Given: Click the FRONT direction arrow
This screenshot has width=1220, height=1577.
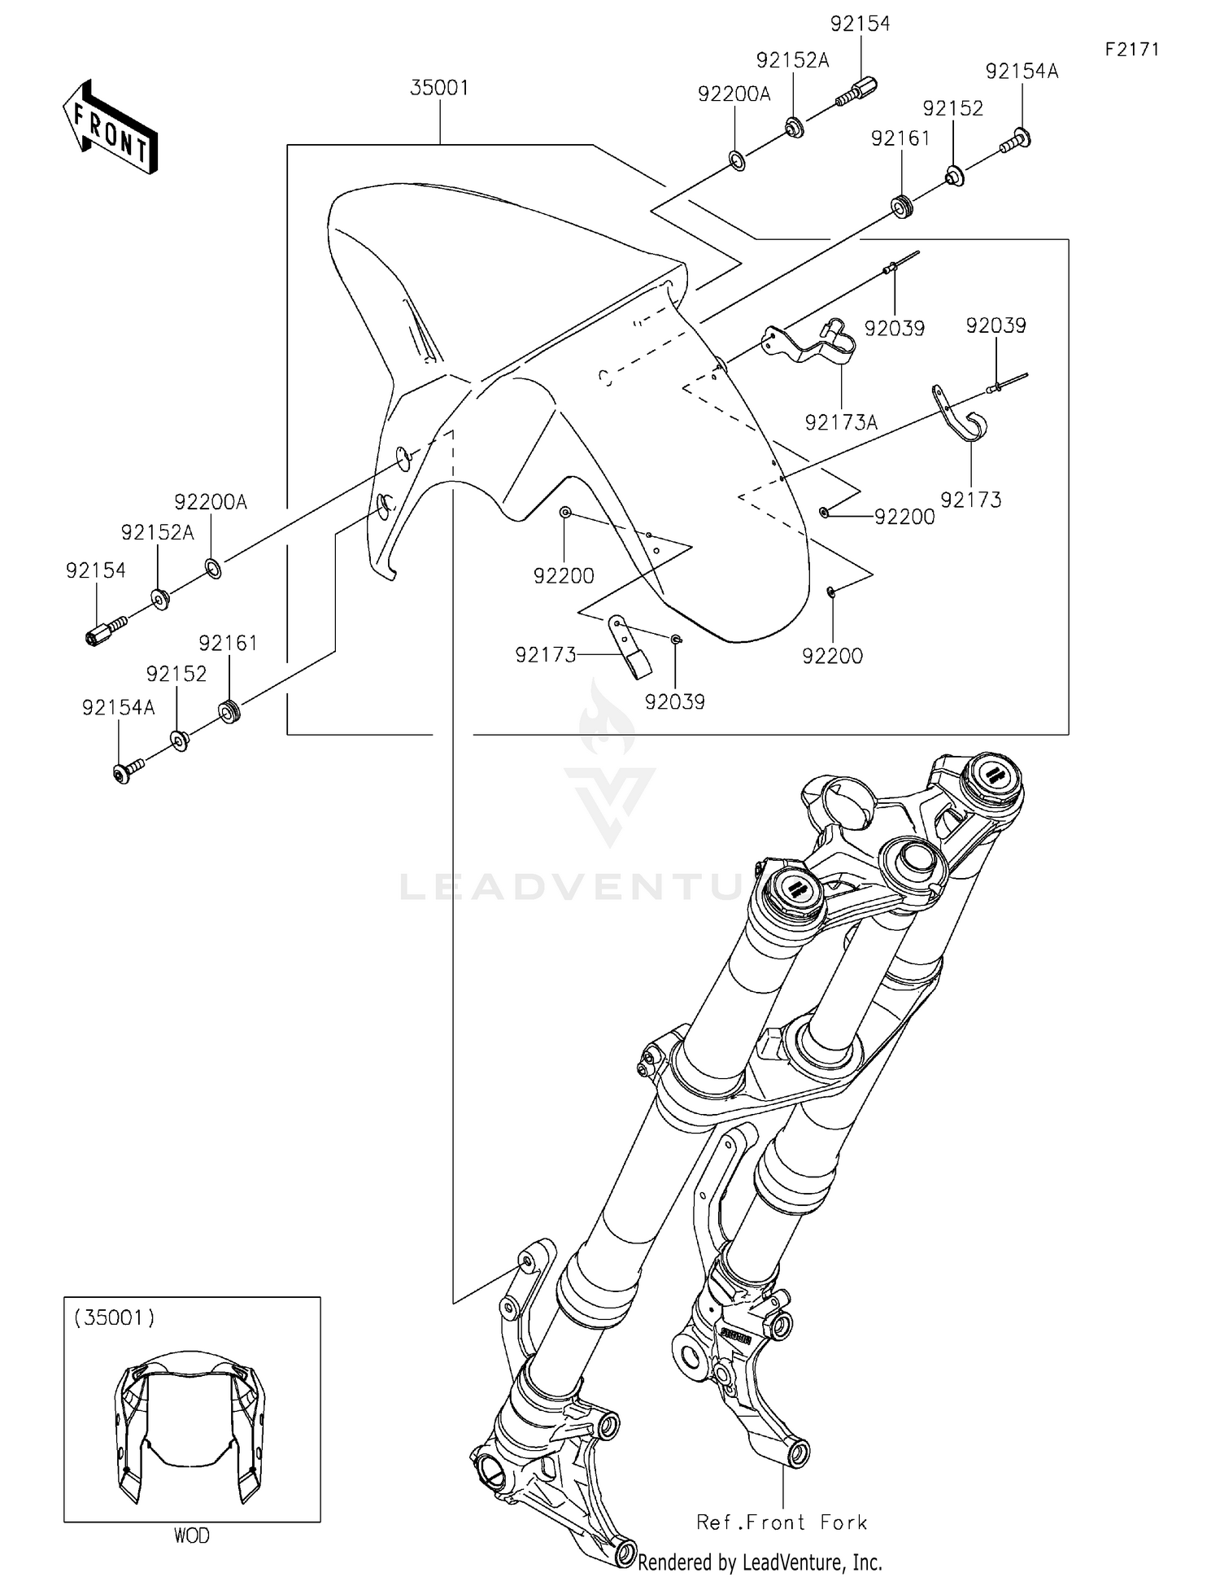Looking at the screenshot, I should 110,129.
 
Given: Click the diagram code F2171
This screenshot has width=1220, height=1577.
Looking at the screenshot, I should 1131,50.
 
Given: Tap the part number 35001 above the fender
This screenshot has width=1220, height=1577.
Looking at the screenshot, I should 439,88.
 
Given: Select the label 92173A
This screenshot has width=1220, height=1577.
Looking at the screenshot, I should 841,422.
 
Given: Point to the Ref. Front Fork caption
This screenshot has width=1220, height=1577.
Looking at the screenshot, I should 782,1522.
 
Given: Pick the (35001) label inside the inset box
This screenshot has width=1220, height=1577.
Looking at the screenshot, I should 115,1317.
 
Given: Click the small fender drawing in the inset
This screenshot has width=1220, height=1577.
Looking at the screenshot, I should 190,1424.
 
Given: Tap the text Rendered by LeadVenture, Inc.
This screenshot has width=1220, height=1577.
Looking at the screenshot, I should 760,1562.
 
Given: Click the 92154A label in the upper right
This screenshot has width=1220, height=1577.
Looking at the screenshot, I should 1022,72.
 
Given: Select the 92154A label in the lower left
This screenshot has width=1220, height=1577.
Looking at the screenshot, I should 118,708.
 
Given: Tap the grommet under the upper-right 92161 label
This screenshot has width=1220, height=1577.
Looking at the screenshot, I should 901,207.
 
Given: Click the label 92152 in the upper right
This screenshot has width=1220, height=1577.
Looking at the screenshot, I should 952,109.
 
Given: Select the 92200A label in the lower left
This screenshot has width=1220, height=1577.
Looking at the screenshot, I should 211,502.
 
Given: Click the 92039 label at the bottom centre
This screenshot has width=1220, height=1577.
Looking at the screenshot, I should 674,701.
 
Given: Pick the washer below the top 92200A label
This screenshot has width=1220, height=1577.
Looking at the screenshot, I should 736,161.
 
